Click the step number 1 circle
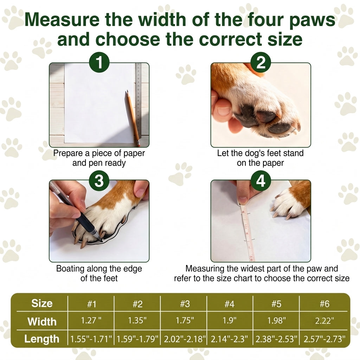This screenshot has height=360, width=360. point(99,62)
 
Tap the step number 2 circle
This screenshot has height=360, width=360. point(261,62)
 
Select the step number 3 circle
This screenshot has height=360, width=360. point(99,181)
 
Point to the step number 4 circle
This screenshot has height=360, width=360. point(261,181)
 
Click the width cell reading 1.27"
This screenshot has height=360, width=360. point(91,320)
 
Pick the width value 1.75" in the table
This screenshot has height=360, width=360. point(185,320)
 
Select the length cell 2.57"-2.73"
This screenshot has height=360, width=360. point(324,339)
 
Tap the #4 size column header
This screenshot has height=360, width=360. point(229,304)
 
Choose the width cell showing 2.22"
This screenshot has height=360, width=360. point(324,321)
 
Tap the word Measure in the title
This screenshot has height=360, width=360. point(62,19)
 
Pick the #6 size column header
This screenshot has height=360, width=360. point(324,304)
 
